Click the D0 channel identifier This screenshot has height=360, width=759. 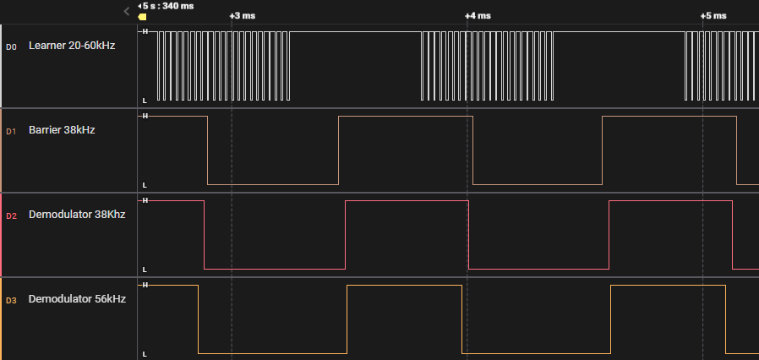pos(11,47)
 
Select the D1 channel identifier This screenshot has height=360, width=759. pos(11,131)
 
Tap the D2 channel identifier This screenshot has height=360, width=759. pos(11,215)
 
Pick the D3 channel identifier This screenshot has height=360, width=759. pos(11,301)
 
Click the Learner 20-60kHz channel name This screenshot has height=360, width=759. pos(72,46)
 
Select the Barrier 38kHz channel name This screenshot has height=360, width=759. pos(62,130)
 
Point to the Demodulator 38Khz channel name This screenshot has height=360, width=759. pos(77,215)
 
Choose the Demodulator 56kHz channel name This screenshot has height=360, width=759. pos(77,299)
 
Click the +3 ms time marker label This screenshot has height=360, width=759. pos(242,16)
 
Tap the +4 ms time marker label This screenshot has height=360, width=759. pos(478,16)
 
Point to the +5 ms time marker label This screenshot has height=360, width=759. pos(713,16)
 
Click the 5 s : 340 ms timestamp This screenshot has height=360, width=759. pos(169,6)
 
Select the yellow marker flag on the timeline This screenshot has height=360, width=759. pos(142,17)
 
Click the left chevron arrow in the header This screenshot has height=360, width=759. pos(127,11)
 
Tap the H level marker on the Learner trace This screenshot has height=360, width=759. pos(145,31)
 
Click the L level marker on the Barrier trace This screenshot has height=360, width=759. pos(145,185)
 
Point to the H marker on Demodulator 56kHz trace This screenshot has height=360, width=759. pos(145,285)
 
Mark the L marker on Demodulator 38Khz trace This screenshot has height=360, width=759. pos(145,270)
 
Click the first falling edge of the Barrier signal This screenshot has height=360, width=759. pos(208,150)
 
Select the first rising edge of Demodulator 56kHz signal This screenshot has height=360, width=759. pos(347,319)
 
